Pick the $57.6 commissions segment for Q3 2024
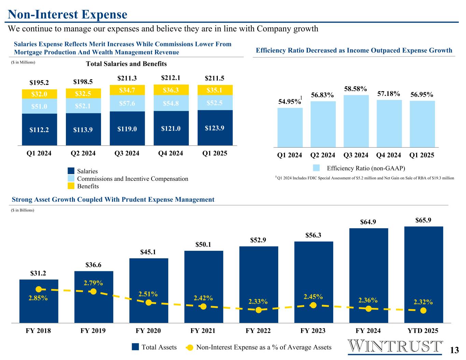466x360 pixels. click(x=127, y=103)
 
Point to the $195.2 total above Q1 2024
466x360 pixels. click(x=39, y=83)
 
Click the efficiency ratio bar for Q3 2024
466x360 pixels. click(x=356, y=121)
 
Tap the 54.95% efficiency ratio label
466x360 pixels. click(x=288, y=101)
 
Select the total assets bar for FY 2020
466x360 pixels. click(x=149, y=290)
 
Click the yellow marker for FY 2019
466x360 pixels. click(x=93, y=291)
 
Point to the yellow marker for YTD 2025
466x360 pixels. click(x=423, y=310)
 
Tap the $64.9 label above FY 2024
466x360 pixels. click(x=368, y=222)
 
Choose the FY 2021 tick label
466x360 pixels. click(x=203, y=331)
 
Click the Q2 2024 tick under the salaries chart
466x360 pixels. click(x=83, y=154)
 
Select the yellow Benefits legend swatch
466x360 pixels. click(x=71, y=186)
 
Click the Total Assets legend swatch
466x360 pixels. click(x=136, y=347)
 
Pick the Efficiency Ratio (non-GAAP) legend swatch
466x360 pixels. click(x=316, y=168)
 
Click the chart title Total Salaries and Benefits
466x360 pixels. click(x=126, y=64)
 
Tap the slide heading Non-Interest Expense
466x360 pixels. click(x=68, y=14)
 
